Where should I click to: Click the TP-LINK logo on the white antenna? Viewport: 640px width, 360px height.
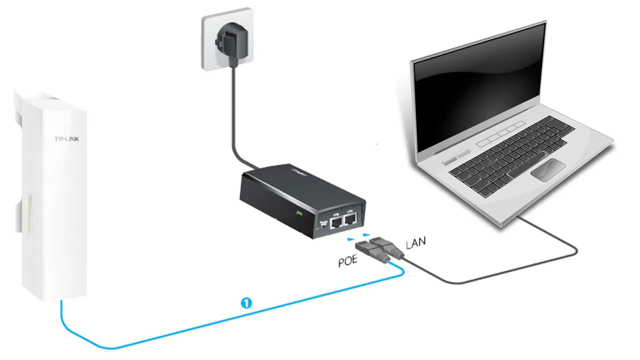67,139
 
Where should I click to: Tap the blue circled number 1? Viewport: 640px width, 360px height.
246,303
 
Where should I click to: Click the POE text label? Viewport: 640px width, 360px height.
348,261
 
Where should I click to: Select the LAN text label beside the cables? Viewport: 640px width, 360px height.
416,243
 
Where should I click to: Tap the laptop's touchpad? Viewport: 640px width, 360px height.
548,170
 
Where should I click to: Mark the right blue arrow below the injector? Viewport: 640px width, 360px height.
366,235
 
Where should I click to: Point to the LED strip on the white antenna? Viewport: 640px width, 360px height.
30,213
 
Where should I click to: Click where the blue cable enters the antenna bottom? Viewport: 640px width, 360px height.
61,301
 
